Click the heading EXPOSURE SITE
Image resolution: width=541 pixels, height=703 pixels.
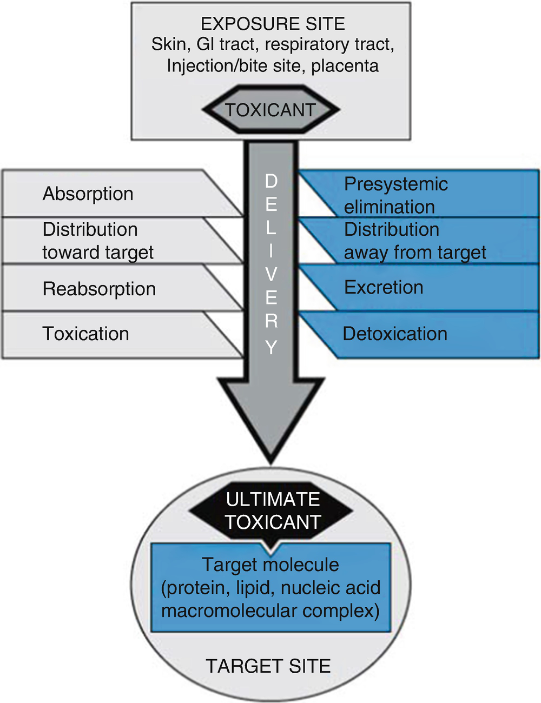tap(273, 24)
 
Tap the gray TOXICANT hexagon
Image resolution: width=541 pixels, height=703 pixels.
tap(270, 110)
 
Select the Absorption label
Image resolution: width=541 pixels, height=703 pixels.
tap(88, 194)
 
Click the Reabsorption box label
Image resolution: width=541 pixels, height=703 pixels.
tap(99, 289)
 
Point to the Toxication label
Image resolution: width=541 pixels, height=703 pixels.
tap(85, 334)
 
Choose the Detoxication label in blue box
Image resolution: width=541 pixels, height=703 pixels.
tap(395, 334)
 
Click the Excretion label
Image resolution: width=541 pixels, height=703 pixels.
tap(384, 287)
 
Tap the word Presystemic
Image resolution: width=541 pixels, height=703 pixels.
tap(396, 184)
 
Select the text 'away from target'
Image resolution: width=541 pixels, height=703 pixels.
tap(415, 252)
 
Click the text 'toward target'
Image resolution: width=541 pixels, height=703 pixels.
tap(98, 252)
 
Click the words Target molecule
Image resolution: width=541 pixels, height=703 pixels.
tap(270, 565)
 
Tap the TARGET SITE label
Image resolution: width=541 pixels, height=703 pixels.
tap(268, 666)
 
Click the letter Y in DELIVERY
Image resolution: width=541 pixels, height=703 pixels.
tap(271, 347)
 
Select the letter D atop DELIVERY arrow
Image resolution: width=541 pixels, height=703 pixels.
tap(271, 181)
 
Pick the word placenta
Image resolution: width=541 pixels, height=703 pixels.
tap(345, 66)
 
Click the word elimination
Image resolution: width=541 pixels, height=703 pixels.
tap(389, 207)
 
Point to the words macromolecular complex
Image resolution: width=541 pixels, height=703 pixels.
tap(270, 611)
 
